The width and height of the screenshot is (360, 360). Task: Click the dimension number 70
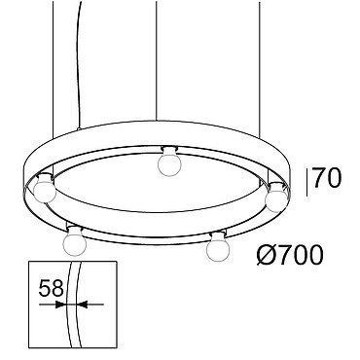pyautogui.click(x=327, y=179)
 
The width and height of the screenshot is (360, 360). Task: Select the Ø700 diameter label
pyautogui.click(x=290, y=255)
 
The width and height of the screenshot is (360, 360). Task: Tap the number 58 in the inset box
pyautogui.click(x=51, y=288)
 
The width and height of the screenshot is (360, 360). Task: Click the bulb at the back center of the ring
pyautogui.click(x=169, y=162)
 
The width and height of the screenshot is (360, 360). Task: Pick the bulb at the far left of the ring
pyautogui.click(x=45, y=188)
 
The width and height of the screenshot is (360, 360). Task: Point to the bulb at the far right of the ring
pyautogui.click(x=276, y=198)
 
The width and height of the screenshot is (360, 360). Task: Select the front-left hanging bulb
pyautogui.click(x=75, y=241)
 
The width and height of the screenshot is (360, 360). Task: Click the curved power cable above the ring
pyautogui.click(x=78, y=65)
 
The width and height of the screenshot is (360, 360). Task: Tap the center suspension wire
pyautogui.click(x=157, y=61)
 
